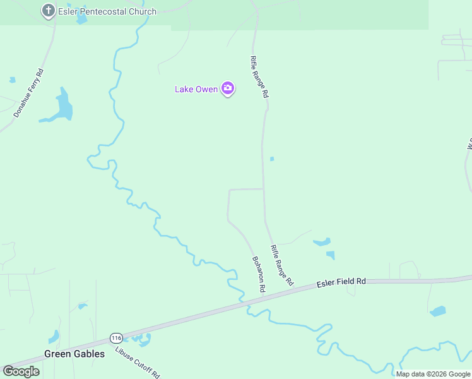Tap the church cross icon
pos(48,10)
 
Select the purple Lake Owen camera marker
pos(228,89)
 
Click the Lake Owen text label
pos(196,89)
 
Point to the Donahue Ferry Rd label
pos(29,93)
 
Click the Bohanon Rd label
pos(259,274)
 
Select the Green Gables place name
pos(74,354)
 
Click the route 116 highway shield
pos(115,338)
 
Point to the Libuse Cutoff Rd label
pos(139,361)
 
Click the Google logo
pos(21,371)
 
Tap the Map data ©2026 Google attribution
pos(433,374)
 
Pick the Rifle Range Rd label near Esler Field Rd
pos(281,266)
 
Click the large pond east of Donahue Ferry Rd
pos(63,106)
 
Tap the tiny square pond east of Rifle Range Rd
pos(272,159)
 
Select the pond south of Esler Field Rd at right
pos(437,311)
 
